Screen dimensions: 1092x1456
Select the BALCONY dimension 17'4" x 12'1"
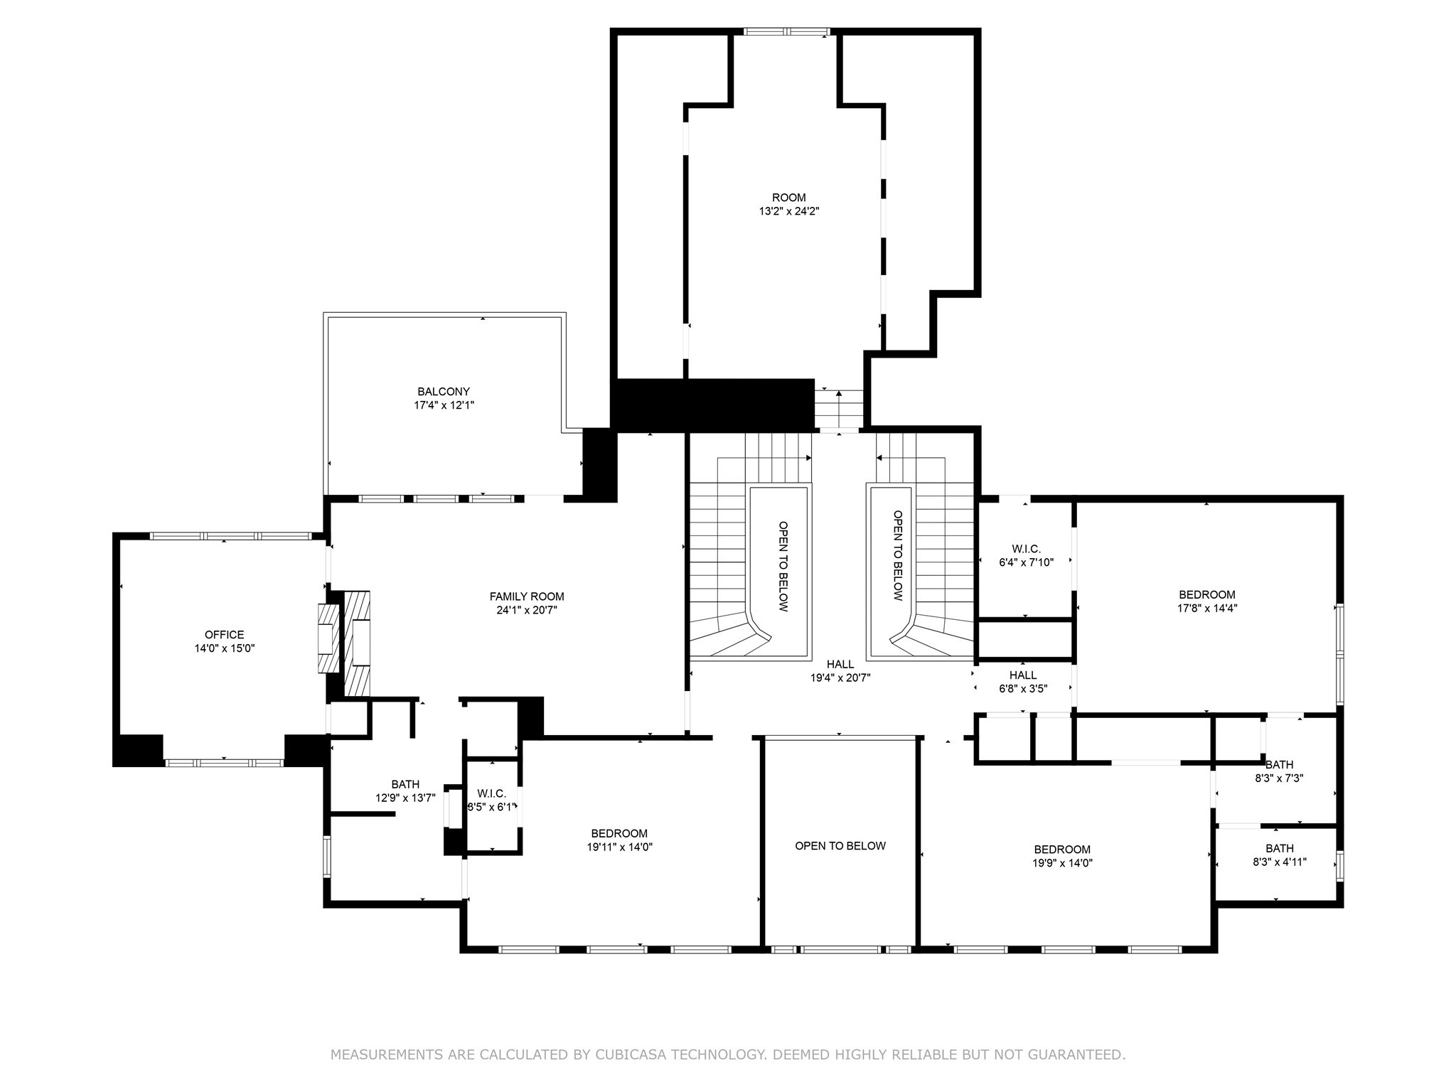pos(444,405)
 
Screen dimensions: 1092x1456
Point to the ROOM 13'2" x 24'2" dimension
pos(788,211)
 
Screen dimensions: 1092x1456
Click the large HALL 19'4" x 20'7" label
pos(840,671)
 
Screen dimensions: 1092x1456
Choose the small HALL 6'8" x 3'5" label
pos(1022,682)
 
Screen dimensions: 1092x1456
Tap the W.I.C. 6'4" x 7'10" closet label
pos(1026,555)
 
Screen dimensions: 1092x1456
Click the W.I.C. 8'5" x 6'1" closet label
pos(491,800)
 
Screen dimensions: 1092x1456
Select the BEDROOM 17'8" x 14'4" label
pos(1206,601)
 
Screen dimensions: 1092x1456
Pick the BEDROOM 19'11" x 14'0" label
pos(619,840)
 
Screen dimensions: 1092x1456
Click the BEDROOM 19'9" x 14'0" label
pos(1061,856)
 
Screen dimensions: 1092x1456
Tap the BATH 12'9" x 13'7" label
pos(405,791)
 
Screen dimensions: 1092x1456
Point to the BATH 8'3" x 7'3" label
pos(1278,771)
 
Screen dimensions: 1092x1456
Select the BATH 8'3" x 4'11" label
pos(1279,855)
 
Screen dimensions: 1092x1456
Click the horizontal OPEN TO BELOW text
pos(840,846)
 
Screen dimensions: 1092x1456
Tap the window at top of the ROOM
pos(786,31)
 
